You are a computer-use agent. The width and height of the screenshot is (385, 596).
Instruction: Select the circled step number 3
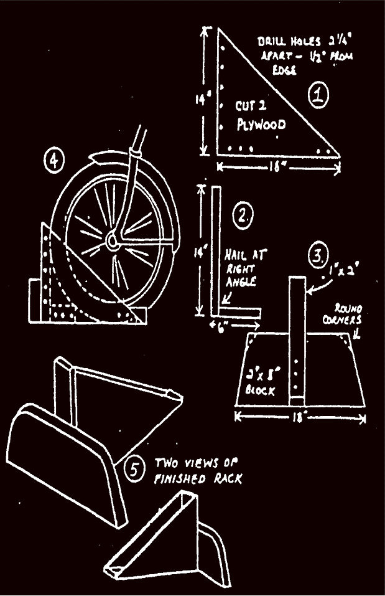click(318, 256)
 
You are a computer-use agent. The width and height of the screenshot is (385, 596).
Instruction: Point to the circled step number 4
click(55, 161)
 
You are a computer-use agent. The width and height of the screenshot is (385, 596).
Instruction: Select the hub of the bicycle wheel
click(112, 240)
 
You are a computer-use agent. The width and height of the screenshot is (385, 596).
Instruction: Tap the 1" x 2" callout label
click(341, 272)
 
